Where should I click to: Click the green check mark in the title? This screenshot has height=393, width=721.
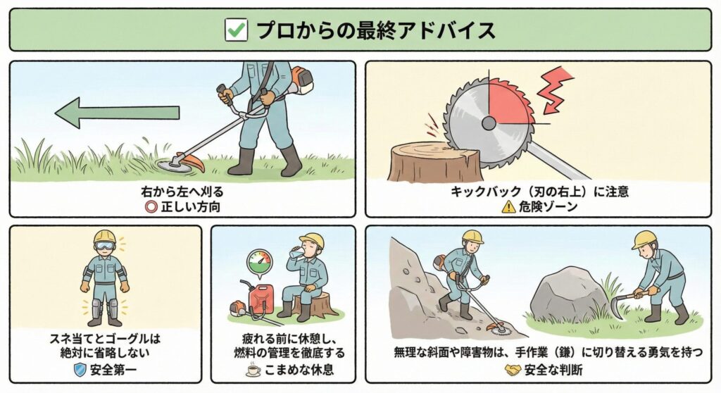pos(237,30)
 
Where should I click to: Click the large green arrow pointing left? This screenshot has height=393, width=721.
pos(117,112)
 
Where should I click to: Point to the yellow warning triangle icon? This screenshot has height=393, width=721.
pos(508,206)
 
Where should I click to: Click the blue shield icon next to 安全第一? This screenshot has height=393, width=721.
pos(80,370)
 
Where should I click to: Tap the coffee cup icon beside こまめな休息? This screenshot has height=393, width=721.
pos(253,370)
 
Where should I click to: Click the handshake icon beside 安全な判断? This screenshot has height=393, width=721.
pos(513,370)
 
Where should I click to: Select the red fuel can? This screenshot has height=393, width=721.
pos(261,299)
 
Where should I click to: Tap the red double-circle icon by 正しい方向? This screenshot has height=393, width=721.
pos(151,206)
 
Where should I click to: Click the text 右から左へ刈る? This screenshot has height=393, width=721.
pos(182,191)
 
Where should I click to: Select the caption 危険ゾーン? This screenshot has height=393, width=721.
pos(548,206)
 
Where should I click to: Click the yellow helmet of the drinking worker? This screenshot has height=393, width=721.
pos(312,239)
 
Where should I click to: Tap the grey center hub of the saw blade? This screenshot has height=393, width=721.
pos(489,123)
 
